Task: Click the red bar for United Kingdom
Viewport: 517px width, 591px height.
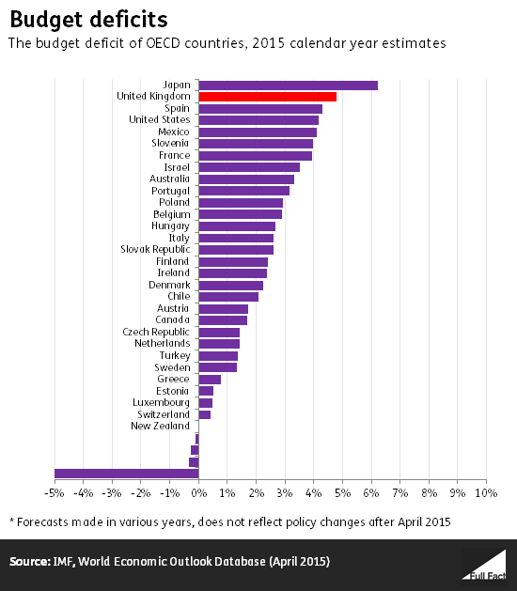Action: click(267, 97)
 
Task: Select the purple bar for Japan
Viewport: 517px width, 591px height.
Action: click(288, 85)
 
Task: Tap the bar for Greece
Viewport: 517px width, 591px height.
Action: click(210, 380)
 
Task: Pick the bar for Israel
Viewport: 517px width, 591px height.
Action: click(249, 167)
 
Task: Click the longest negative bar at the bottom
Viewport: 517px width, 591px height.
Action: click(126, 474)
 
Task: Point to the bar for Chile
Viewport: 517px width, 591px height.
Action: click(228, 297)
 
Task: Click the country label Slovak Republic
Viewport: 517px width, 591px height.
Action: click(155, 249)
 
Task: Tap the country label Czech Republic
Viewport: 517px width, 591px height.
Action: click(156, 332)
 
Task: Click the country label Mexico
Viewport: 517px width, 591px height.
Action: click(172, 132)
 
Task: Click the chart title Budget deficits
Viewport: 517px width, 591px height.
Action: click(76, 19)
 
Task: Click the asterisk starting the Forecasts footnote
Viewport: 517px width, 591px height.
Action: click(12, 520)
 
